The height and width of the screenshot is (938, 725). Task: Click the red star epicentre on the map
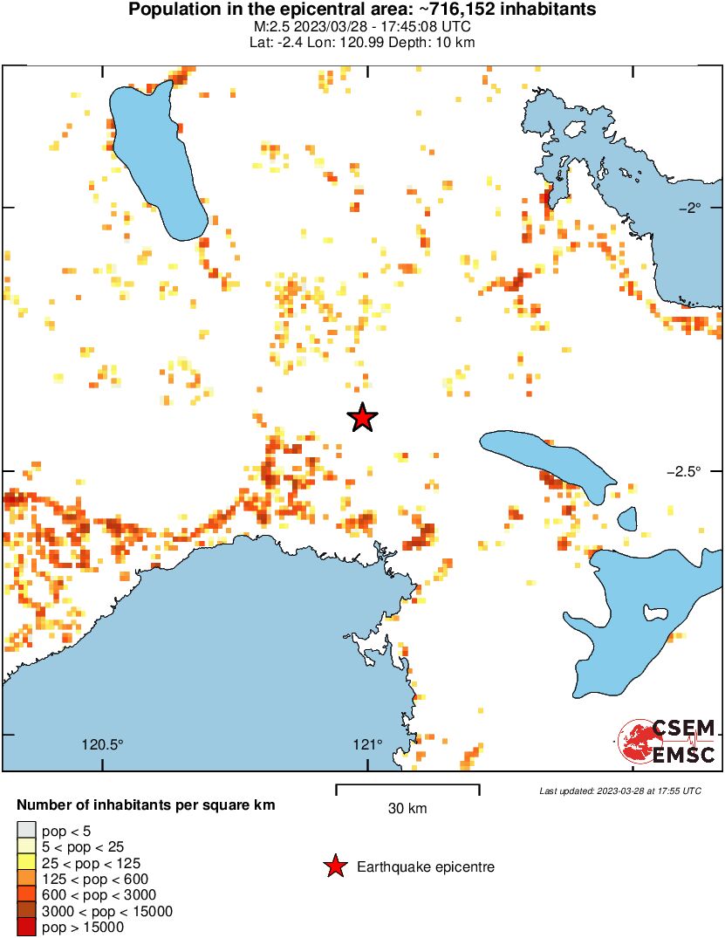pos(362,418)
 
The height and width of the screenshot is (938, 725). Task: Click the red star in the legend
pos(334,866)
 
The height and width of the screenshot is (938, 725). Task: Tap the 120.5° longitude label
pos(103,744)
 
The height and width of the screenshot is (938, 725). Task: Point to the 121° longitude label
pos(367,744)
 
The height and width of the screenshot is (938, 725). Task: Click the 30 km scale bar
pos(407,789)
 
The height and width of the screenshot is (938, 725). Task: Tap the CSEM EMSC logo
pos(667,742)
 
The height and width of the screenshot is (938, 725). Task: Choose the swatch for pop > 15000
pos(26,928)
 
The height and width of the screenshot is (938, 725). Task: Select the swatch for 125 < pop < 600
pos(26,879)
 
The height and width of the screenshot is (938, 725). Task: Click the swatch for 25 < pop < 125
pos(26,863)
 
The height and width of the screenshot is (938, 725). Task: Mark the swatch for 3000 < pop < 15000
pos(26,911)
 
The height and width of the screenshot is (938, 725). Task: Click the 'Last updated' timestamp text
pos(619,791)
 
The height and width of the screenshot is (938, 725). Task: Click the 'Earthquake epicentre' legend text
pos(426,866)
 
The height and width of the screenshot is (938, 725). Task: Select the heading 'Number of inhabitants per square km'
pos(147,805)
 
